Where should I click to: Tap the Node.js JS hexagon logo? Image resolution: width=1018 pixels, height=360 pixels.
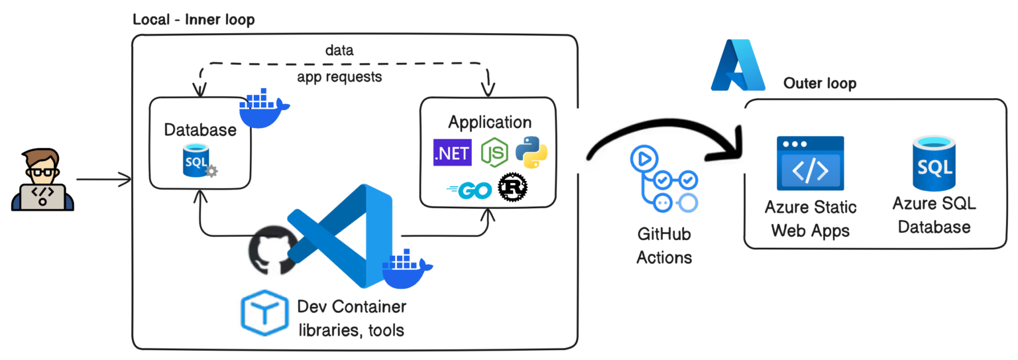494,152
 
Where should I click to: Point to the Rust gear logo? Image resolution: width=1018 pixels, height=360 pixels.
513,188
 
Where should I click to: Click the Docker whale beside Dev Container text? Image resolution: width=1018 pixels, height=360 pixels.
406,269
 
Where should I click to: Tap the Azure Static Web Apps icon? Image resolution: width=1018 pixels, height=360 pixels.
810,163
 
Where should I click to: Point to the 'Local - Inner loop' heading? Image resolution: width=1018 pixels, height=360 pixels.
194,20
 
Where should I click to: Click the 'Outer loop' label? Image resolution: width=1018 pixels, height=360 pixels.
819,84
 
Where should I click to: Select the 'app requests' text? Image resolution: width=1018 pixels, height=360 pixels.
339,77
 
